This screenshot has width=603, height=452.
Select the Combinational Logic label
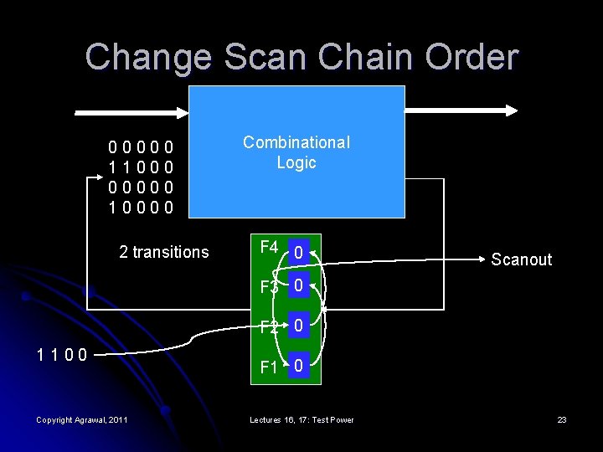tap(296, 152)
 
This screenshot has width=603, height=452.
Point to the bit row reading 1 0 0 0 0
tap(142, 205)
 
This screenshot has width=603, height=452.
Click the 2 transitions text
tap(164, 252)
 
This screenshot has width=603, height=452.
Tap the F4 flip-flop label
tap(270, 247)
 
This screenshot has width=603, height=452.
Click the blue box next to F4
tap(299, 249)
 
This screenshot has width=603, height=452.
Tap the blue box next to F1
tap(299, 366)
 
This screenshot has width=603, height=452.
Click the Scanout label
tap(521, 259)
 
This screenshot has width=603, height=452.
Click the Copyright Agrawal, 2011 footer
tap(82, 419)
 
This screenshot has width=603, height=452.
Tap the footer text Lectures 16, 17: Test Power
tap(301, 419)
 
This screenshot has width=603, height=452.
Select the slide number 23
tap(562, 419)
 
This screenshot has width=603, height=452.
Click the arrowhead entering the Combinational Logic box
tap(185, 111)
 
